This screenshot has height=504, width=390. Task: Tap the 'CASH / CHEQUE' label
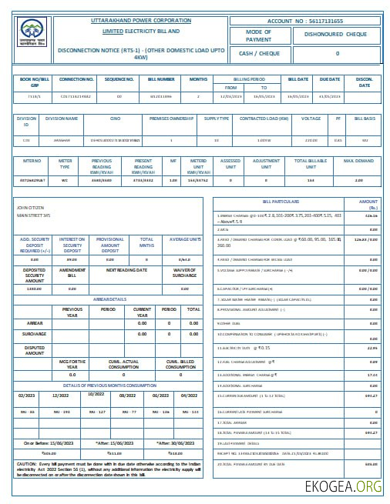coord(259,53)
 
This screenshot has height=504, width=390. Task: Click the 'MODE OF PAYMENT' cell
coord(259,35)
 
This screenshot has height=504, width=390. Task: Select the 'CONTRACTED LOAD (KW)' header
coord(264,118)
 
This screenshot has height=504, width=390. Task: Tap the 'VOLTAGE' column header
coord(311,118)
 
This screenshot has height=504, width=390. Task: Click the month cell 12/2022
coord(60,393)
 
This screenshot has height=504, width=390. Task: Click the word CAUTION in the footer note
coord(25,464)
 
